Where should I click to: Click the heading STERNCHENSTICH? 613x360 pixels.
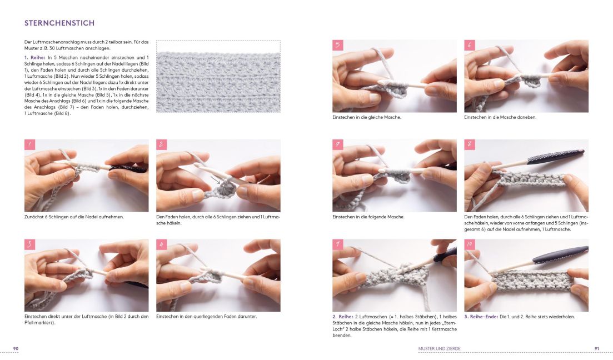click(59, 23)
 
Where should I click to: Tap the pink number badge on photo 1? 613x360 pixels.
click(29, 144)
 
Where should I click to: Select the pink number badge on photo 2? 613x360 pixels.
click(162, 144)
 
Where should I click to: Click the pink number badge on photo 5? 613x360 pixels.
click(338, 45)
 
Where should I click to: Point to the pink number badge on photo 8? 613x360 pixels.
click(470, 144)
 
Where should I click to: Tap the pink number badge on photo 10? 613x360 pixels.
click(470, 244)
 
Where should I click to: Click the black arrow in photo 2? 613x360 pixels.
click(216, 180)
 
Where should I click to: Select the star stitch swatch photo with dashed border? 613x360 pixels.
click(218, 76)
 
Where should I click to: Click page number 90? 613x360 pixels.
click(16, 349)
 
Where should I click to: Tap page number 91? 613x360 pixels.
click(596, 349)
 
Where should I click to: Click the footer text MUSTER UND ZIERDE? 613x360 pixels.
click(440, 349)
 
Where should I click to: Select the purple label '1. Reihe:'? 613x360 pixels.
click(35, 57)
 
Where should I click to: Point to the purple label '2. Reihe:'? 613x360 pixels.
click(343, 317)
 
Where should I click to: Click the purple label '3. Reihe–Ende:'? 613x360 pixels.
click(481, 317)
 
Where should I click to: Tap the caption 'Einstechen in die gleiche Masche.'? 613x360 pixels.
click(367, 117)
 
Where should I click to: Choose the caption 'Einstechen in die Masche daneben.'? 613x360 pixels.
click(500, 117)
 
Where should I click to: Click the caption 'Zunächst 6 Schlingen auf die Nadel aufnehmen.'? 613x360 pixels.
click(74, 217)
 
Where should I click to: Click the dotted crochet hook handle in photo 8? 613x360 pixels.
click(555, 157)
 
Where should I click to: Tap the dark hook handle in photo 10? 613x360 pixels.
click(560, 254)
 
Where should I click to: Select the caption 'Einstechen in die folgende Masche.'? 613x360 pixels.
click(368, 217)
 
